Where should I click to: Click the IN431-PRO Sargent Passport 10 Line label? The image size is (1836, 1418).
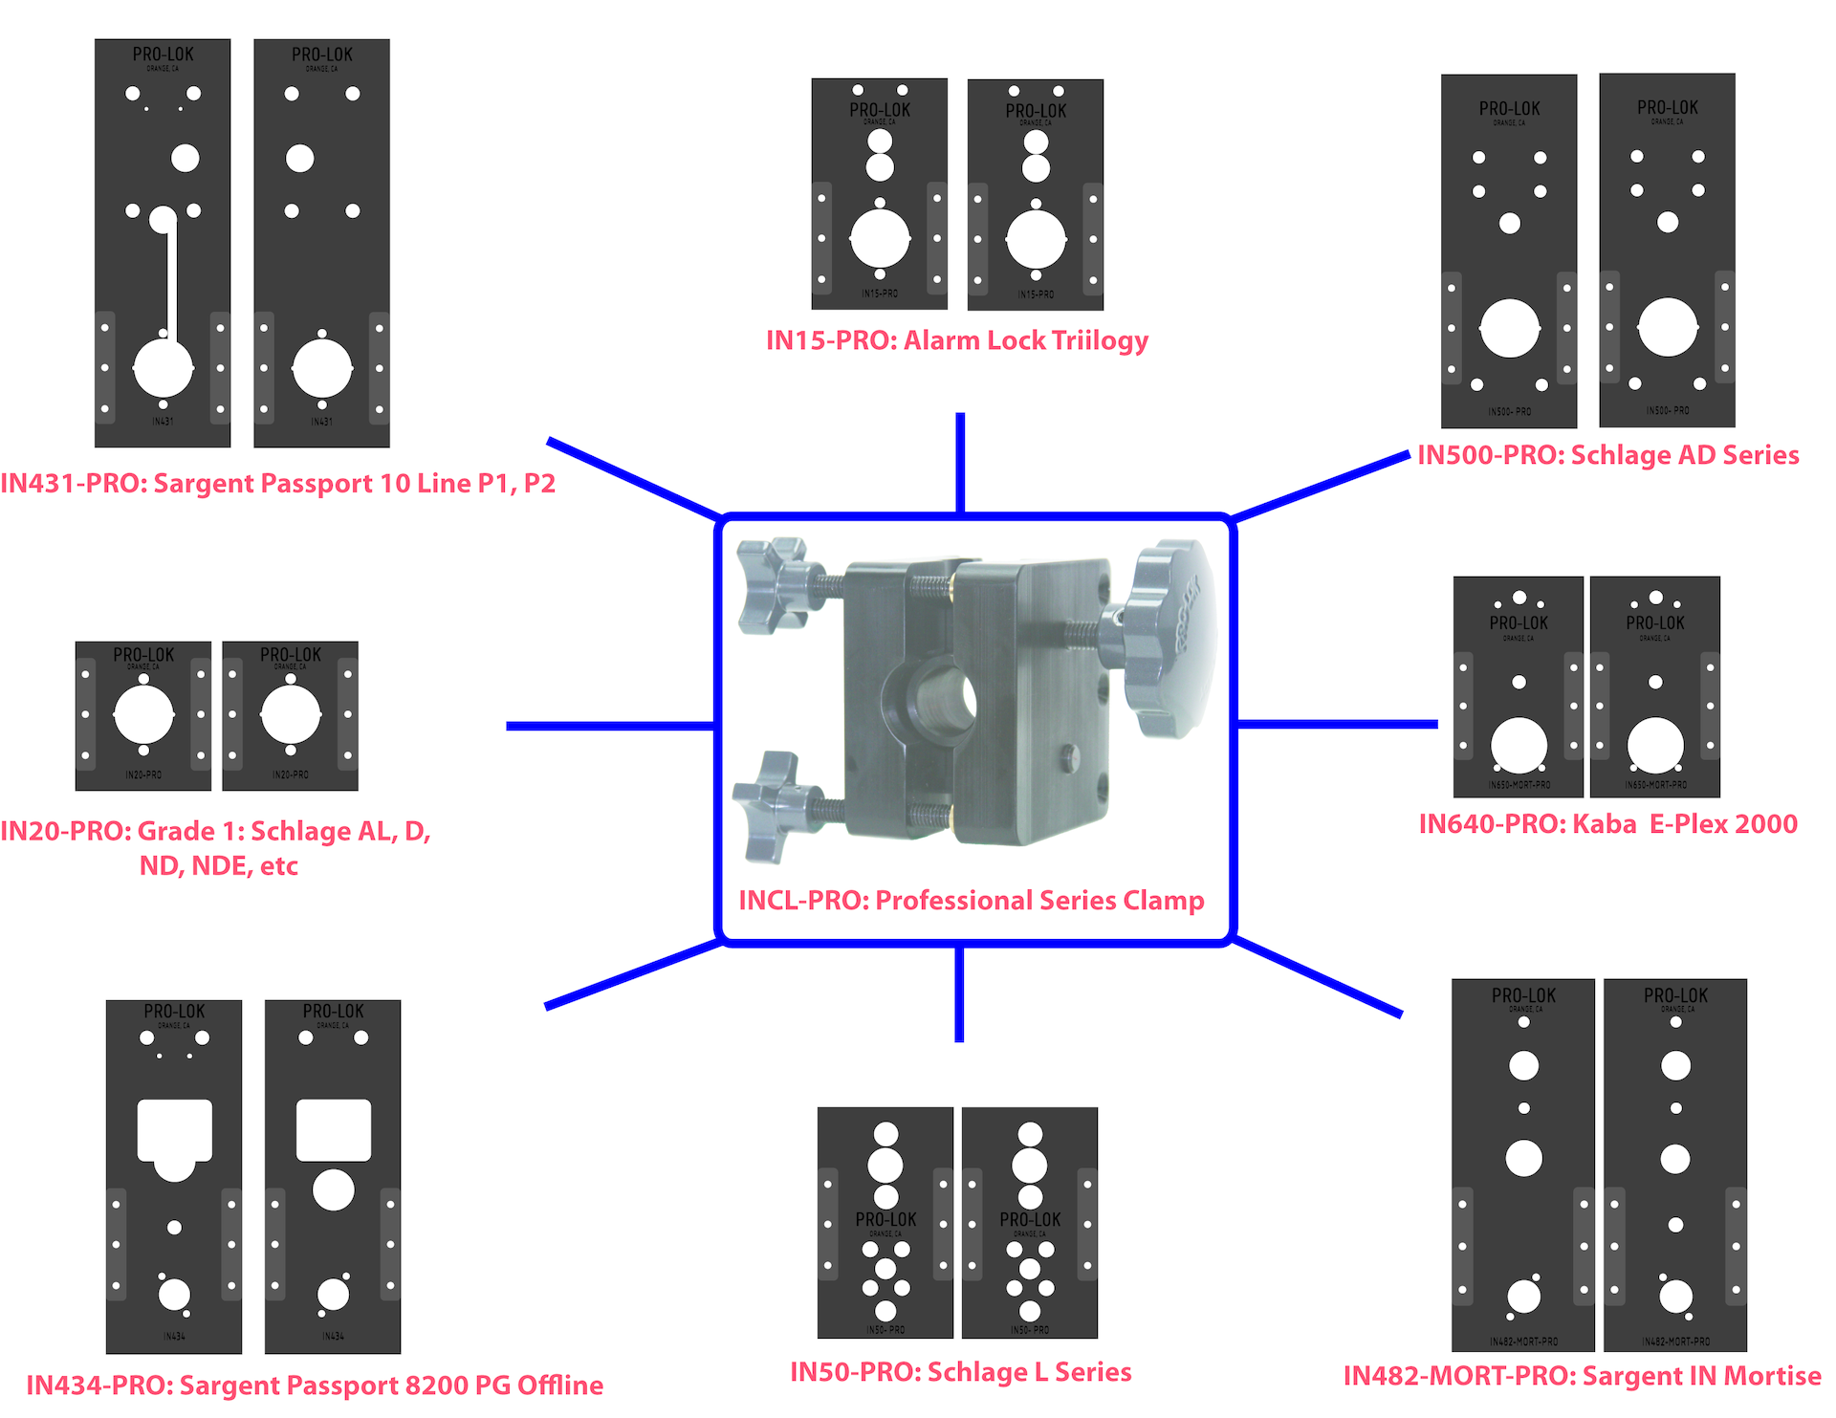(x=277, y=483)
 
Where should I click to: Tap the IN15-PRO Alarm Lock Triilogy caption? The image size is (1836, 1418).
(x=956, y=340)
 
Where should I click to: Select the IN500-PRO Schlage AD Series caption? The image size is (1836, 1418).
(x=1607, y=455)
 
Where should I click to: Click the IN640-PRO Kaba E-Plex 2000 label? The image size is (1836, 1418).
(x=1607, y=824)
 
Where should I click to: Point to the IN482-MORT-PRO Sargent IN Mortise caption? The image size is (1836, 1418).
(x=1582, y=1376)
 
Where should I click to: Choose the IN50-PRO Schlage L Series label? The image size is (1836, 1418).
(x=960, y=1372)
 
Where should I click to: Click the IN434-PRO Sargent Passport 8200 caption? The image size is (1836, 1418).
(x=314, y=1385)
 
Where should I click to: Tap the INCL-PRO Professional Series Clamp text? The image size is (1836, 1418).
(x=971, y=901)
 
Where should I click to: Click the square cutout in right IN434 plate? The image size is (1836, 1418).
(x=333, y=1130)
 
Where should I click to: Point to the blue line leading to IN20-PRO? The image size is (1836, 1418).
(x=610, y=727)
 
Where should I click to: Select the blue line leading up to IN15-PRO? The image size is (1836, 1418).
(x=960, y=463)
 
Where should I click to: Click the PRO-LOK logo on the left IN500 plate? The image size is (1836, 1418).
(x=1509, y=110)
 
